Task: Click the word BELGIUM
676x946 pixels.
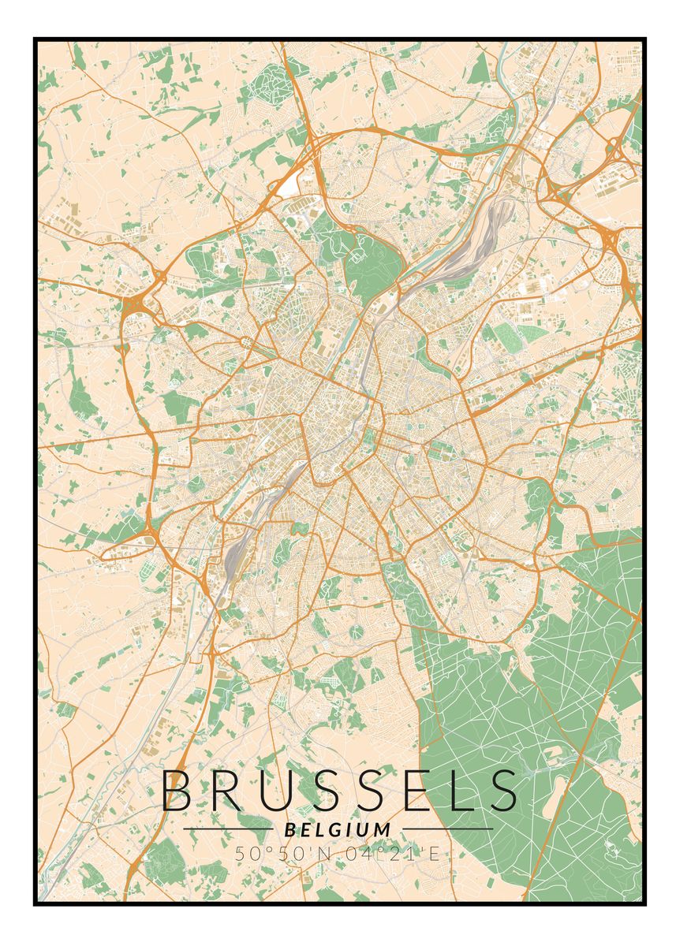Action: pyautogui.click(x=338, y=829)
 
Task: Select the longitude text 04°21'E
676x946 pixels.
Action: pyautogui.click(x=392, y=852)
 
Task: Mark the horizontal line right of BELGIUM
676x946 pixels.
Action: pyautogui.click(x=446, y=829)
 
